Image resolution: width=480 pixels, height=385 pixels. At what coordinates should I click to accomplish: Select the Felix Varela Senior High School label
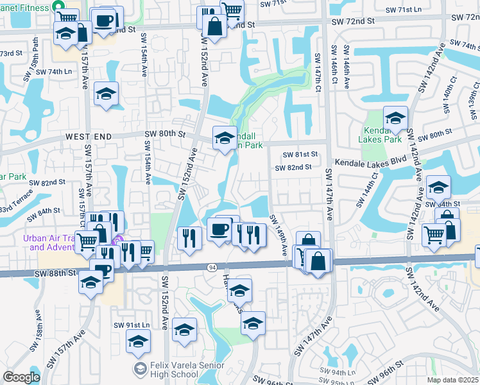pos(166,370)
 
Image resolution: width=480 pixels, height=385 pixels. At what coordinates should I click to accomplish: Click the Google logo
pos(21,377)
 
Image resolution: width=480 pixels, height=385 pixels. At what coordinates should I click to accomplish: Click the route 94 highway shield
pos(212,266)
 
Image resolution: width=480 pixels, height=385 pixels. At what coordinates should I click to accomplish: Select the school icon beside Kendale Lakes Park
pos(396,117)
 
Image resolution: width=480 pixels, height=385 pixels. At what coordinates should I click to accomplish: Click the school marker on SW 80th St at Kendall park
pos(225,137)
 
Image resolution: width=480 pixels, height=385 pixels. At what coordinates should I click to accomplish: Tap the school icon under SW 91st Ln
pos(137,342)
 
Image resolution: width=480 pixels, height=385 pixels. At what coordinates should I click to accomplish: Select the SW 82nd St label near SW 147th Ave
pos(293,167)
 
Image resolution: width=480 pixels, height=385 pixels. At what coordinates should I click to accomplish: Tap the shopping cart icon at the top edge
pos(232,9)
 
